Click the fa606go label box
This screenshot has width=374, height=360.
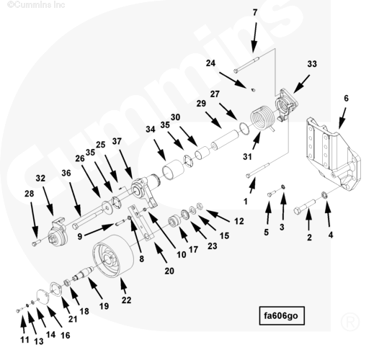point(282,315)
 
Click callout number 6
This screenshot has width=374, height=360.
point(346,98)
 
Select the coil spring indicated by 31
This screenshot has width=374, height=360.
point(262,118)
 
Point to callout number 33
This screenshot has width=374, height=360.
point(312,64)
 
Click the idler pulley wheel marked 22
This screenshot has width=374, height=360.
point(112,256)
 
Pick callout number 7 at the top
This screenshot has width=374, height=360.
point(255,12)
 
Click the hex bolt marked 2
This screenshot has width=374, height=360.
point(305,207)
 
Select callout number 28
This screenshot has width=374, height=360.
point(30,194)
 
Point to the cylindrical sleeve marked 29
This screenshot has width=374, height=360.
point(225,140)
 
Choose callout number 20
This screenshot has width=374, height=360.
point(169,271)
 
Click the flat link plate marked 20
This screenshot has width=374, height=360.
point(141,222)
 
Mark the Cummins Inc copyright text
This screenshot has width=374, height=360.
point(36,4)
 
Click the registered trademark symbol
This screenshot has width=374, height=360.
point(350,321)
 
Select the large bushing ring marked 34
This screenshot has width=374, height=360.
point(173,170)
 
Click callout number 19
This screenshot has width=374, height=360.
point(104,306)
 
